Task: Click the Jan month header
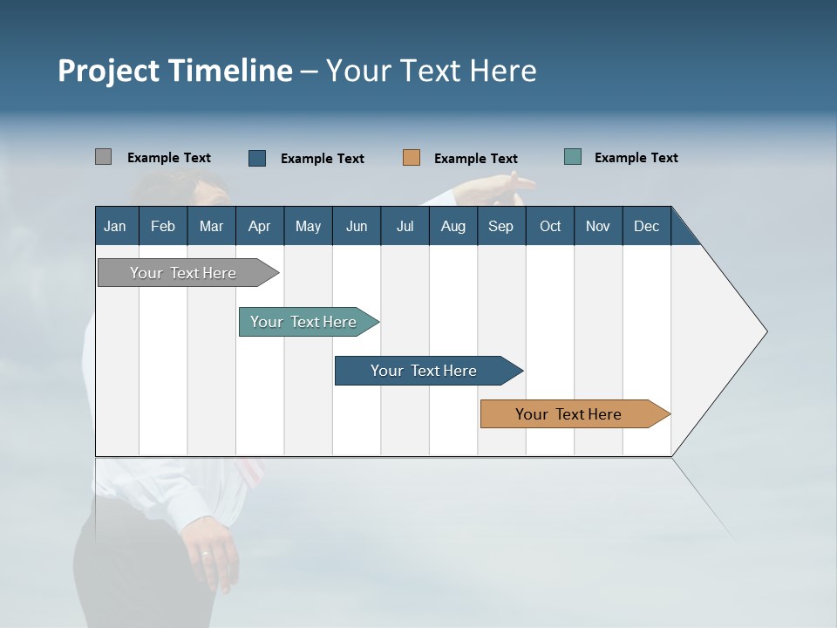(x=116, y=226)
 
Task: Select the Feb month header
(x=163, y=226)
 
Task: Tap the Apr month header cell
(x=260, y=226)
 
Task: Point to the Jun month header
(x=357, y=226)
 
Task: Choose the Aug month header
(x=453, y=226)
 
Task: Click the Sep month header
(x=501, y=226)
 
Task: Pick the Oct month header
(x=550, y=226)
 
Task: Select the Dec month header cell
(x=647, y=226)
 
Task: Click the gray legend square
(x=103, y=157)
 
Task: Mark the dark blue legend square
(x=257, y=158)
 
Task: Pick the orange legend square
(x=412, y=158)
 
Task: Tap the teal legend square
(x=573, y=157)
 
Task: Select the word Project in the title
(x=107, y=71)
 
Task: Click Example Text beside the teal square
(x=636, y=158)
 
